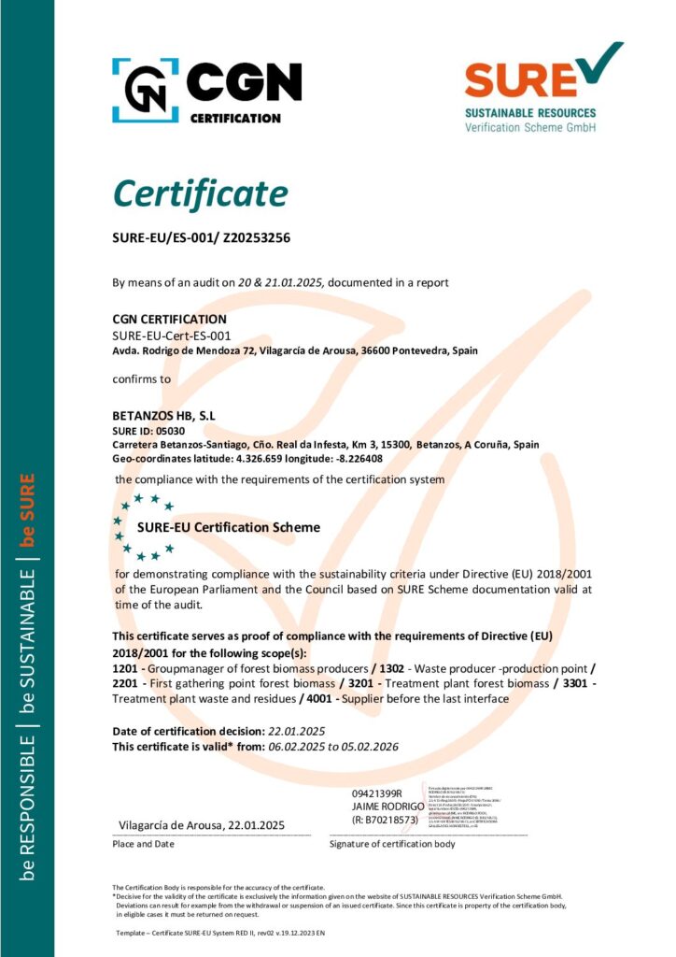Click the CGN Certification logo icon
pyautogui.click(x=146, y=84)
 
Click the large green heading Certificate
pyautogui.click(x=200, y=193)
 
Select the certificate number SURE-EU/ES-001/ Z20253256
pyautogui.click(x=201, y=238)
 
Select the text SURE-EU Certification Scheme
pyautogui.click(x=229, y=527)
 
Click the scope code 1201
pyautogui.click(x=124, y=669)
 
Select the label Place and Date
pyautogui.click(x=144, y=844)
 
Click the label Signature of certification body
pyautogui.click(x=392, y=844)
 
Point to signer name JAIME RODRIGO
pyautogui.click(x=387, y=806)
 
